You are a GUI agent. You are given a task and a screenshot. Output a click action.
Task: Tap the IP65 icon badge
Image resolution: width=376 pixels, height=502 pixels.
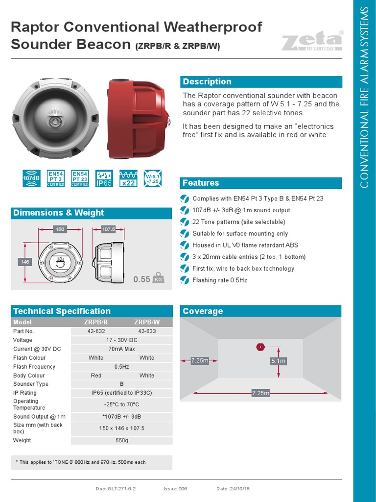coord(104,179)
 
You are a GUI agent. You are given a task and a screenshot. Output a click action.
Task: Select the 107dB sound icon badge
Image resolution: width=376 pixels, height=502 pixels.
coord(31,179)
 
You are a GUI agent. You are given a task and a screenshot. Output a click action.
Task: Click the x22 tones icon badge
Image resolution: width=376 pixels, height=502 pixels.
coord(128,179)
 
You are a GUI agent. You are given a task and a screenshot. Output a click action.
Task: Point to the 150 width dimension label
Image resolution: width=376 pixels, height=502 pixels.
coord(60,229)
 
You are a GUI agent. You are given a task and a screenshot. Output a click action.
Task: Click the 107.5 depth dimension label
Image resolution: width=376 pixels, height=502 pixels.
coord(108,229)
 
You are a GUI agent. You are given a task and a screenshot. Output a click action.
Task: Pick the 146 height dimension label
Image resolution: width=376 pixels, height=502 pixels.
coord(25,262)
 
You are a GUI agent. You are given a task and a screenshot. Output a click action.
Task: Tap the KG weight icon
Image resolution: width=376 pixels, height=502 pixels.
coord(158,278)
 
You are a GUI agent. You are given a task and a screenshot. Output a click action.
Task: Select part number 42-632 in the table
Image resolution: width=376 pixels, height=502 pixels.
coord(96,331)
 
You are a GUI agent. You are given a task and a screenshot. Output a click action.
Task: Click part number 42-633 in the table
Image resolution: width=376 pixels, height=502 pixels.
coord(146,331)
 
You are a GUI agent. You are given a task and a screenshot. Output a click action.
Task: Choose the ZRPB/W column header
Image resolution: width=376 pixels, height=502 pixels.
coord(146,322)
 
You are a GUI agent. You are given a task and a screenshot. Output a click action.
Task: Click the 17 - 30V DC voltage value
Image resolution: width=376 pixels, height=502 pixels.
coord(121,340)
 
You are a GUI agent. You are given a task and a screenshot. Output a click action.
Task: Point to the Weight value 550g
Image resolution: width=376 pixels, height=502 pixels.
coord(121,440)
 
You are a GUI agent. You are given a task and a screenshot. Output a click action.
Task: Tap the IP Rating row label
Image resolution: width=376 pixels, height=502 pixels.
coord(25,393)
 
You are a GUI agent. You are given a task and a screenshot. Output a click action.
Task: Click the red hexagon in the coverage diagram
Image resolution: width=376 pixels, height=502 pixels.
coord(260,347)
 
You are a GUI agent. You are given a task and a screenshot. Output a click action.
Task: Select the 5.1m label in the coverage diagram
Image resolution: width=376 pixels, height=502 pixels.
coord(278,361)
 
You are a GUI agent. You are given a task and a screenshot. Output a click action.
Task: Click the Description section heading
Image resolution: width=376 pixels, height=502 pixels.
coord(207,82)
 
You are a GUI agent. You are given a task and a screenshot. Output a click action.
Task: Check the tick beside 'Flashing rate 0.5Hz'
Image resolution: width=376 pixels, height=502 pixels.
coord(184,280)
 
